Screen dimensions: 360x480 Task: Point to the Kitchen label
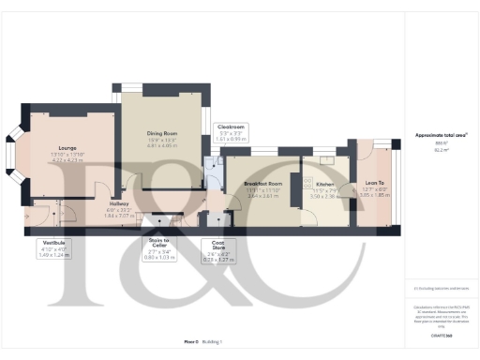[x=324, y=185]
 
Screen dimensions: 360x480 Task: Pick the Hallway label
[x=119, y=203]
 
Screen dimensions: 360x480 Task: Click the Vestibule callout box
[x=51, y=247]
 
